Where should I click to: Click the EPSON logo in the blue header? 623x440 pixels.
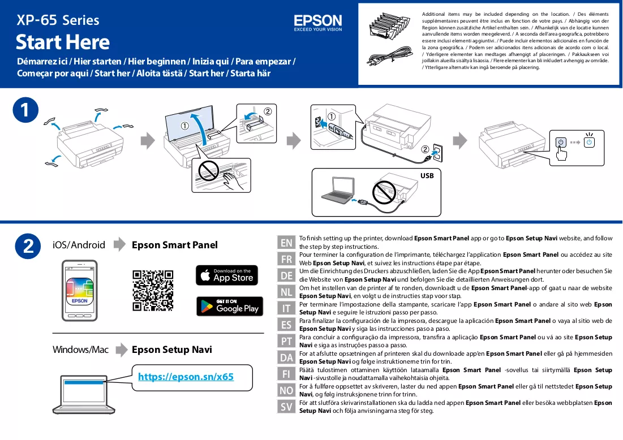[x=318, y=23]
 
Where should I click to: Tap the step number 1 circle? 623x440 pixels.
[x=25, y=110]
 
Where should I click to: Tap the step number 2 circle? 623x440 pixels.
[x=28, y=246]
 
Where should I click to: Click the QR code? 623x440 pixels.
[x=153, y=291]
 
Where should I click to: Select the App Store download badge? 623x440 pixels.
[x=227, y=275]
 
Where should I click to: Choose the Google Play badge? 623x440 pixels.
[x=230, y=306]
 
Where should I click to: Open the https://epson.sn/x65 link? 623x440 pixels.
[x=186, y=377]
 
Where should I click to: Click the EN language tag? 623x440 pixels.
[x=286, y=243]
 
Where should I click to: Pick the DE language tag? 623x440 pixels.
[x=286, y=275]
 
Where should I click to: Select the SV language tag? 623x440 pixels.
[x=286, y=407]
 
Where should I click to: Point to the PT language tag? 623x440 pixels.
[x=286, y=341]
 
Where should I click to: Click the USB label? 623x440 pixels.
[x=427, y=176]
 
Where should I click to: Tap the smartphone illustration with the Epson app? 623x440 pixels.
[x=79, y=291]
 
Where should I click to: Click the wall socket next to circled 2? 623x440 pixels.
[x=437, y=153]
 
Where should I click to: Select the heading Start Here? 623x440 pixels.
[x=63, y=42]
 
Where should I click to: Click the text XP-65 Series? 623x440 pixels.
[x=58, y=20]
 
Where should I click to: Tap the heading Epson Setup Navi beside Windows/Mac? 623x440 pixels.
[x=172, y=350]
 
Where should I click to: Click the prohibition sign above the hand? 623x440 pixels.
[x=209, y=171]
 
